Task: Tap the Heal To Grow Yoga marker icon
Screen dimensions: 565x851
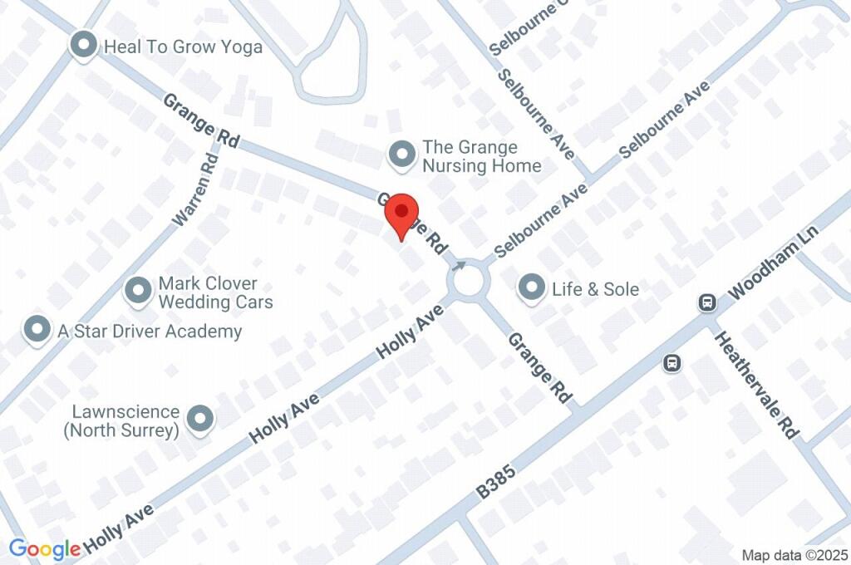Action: tap(83, 46)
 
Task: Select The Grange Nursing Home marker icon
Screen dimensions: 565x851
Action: tap(403, 155)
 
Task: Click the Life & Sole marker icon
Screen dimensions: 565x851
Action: tap(530, 288)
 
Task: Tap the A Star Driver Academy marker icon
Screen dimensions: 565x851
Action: tap(37, 330)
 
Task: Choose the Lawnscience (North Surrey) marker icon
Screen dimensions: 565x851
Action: tap(200, 420)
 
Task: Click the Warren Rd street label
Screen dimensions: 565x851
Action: tap(195, 189)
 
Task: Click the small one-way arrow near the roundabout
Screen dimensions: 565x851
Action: tap(459, 265)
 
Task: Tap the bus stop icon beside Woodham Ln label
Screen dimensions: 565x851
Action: tap(707, 302)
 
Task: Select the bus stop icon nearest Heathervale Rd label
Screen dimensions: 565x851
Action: tap(672, 362)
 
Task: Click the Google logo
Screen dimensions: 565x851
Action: tap(45, 549)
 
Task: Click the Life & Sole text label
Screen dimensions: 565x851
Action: tap(596, 289)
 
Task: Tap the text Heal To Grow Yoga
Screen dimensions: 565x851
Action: tap(183, 47)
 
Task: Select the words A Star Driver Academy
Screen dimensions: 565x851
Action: tap(150, 332)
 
